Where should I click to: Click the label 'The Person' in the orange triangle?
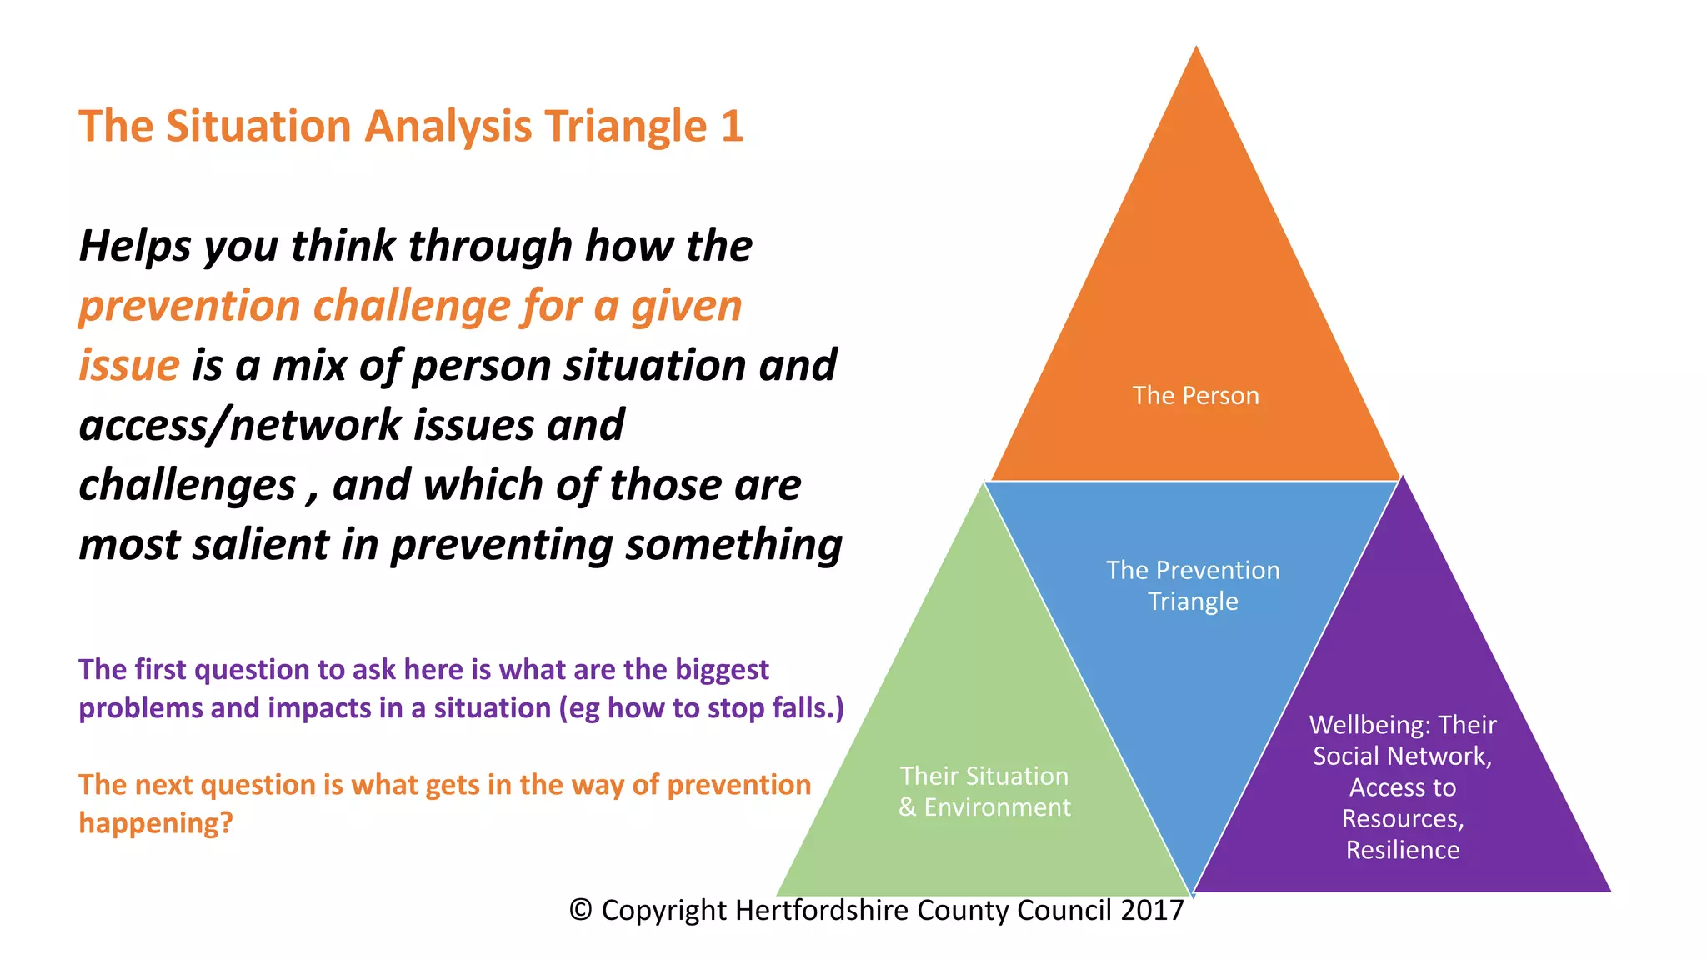click(x=1195, y=396)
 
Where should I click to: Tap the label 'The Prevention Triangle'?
click(x=1193, y=586)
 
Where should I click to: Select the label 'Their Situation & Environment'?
click(x=984, y=792)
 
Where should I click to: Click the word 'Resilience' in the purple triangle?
click(x=1403, y=850)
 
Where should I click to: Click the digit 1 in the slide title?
click(x=732, y=127)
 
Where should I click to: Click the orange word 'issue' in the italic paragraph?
click(x=128, y=366)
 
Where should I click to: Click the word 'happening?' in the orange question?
click(x=156, y=823)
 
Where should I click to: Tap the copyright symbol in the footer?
click(x=581, y=910)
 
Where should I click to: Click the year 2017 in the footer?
click(x=1152, y=910)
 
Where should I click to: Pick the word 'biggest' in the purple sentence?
click(x=722, y=670)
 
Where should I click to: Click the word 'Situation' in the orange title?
click(x=258, y=127)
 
